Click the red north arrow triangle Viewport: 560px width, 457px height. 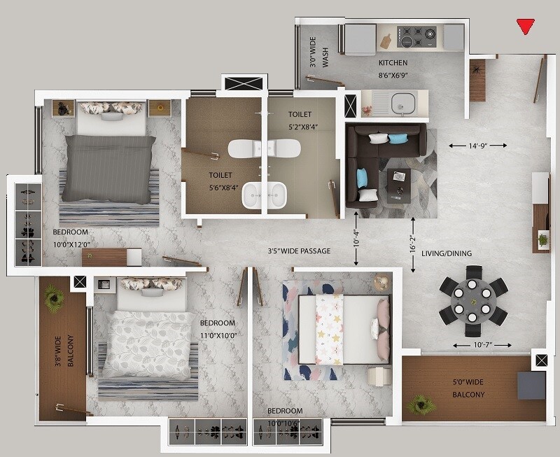coord(525,27)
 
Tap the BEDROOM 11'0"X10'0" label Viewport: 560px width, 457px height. coord(217,328)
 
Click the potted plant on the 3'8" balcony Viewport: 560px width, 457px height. coord(54,300)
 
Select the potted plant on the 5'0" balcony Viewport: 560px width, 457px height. coord(421,403)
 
